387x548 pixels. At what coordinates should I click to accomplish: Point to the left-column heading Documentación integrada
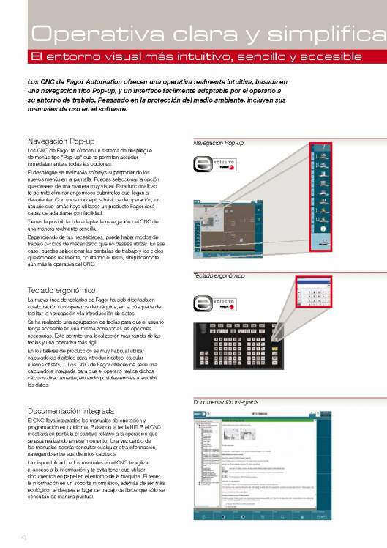point(67,410)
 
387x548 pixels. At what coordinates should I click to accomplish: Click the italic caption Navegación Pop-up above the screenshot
point(219,143)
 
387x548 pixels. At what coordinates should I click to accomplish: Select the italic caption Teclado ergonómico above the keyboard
point(219,275)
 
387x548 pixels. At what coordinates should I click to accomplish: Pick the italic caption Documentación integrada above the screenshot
point(226,402)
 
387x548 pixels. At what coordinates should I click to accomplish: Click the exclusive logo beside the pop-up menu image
point(213,166)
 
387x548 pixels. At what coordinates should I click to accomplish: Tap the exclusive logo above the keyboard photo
point(213,302)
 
